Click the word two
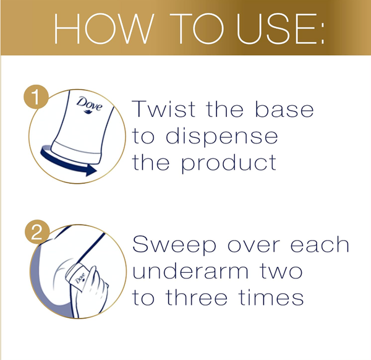(x=281, y=272)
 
